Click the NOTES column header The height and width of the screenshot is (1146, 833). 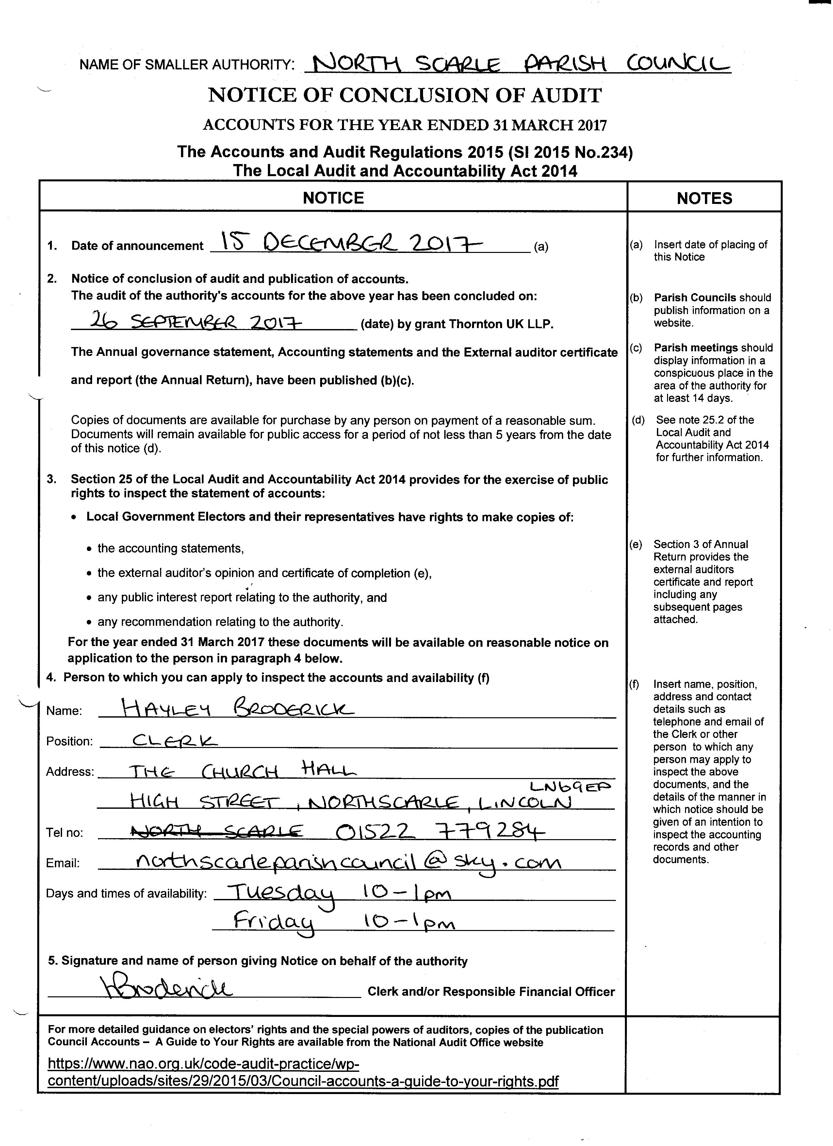(x=704, y=198)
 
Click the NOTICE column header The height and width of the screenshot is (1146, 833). (x=333, y=198)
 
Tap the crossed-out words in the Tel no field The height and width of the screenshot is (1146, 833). (x=216, y=831)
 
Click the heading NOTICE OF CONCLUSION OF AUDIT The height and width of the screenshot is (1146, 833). (x=405, y=95)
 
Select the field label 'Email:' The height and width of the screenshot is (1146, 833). (x=63, y=863)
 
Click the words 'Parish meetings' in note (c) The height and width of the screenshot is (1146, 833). (x=695, y=348)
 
